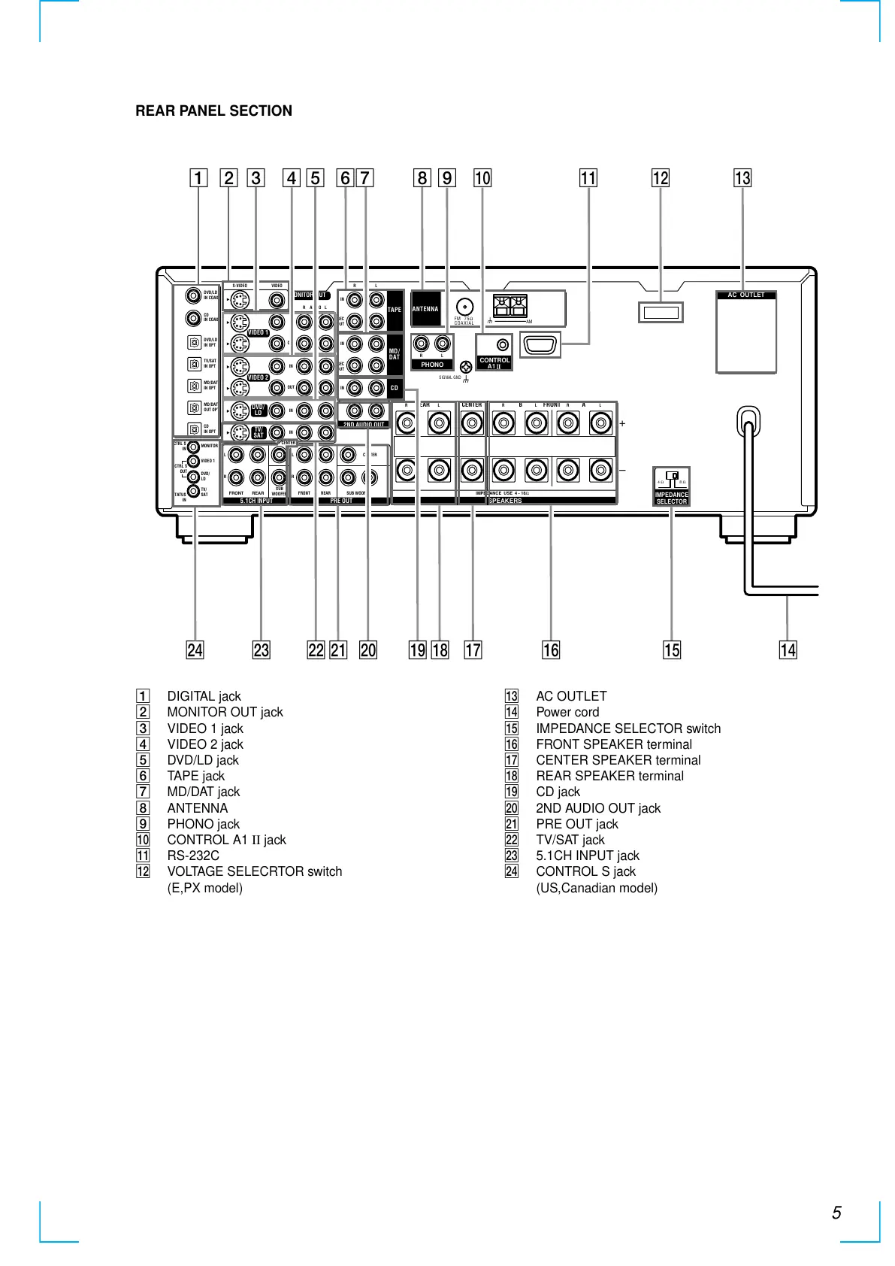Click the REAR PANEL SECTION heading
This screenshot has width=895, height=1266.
pos(213,111)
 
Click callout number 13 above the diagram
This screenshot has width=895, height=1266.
pos(742,178)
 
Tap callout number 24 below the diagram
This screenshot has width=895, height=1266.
pos(195,650)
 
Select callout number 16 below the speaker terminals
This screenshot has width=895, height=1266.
pos(551,650)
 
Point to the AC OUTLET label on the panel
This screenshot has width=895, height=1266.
pos(745,295)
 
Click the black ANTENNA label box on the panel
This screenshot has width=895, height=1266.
pos(425,309)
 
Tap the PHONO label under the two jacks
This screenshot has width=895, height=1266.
pos(432,365)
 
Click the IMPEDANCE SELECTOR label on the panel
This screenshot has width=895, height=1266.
pos(671,498)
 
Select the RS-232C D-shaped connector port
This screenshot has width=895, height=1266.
pos(540,346)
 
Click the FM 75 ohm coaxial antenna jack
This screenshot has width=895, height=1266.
pos(466,307)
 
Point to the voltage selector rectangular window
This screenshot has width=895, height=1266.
pos(661,312)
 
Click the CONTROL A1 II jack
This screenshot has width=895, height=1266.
pos(503,345)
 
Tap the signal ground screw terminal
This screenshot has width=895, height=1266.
pos(466,367)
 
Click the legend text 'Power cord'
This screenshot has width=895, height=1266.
pos(567,712)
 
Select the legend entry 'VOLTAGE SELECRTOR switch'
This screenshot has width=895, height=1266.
pos(254,871)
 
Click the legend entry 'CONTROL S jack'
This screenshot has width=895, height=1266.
pos(585,871)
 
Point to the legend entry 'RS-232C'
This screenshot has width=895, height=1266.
pos(193,856)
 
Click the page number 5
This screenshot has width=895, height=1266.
pos(836,1213)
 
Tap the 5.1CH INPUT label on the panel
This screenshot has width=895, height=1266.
pos(256,501)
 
